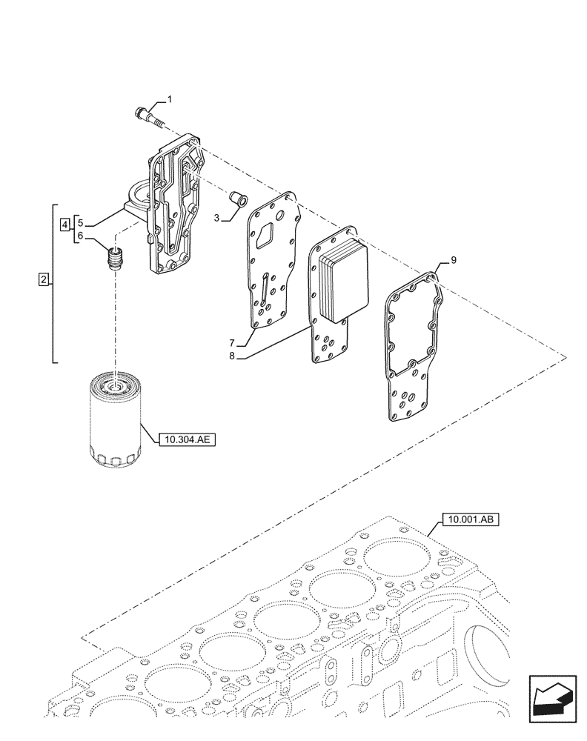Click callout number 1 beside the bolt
[169, 99]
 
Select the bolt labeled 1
[146, 115]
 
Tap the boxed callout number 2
[44, 280]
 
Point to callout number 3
[65, 223]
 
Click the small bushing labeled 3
[81, 222]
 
